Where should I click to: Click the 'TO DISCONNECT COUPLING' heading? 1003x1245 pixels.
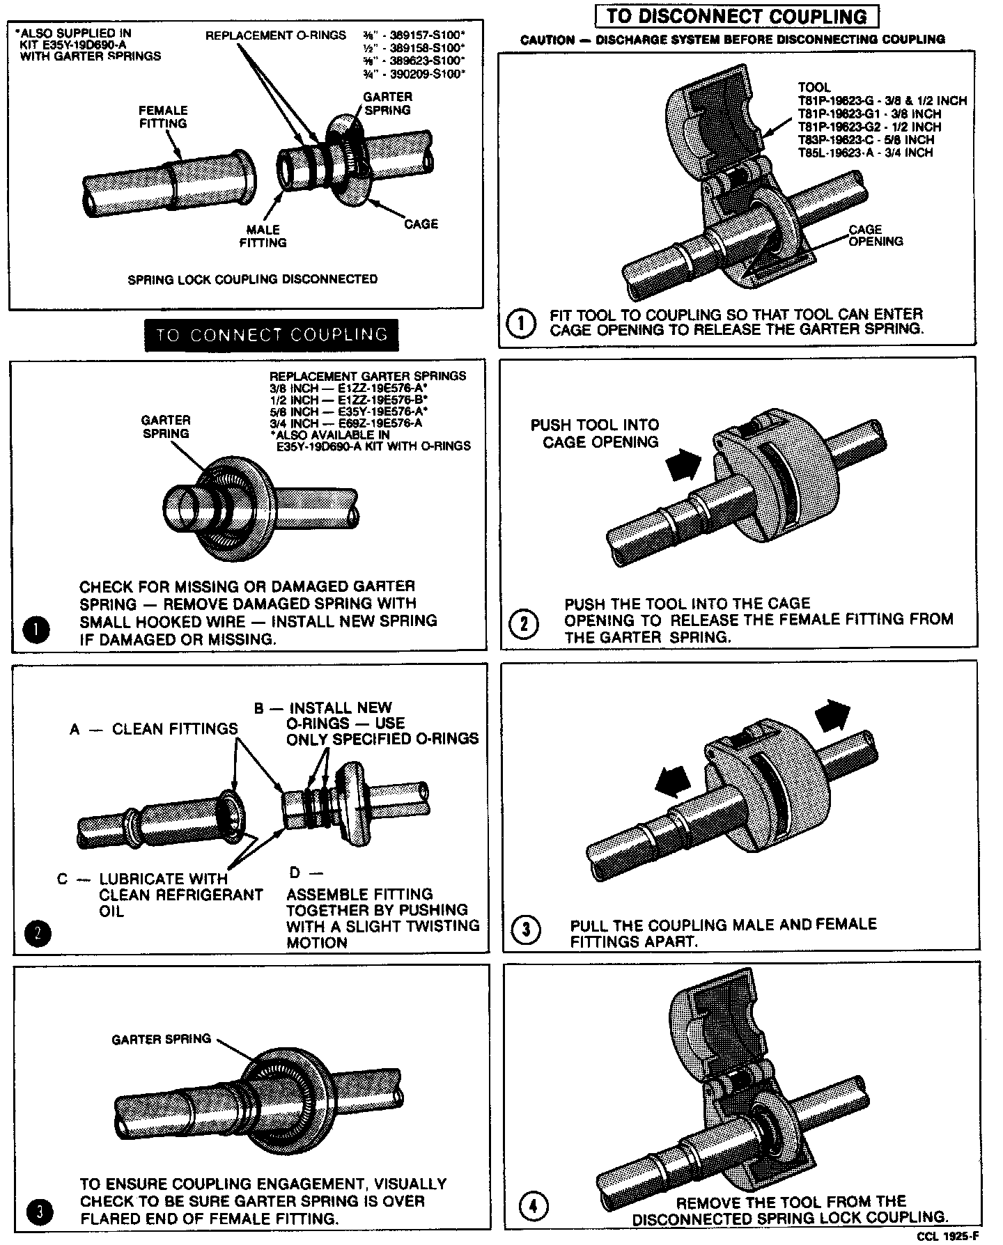coord(737,16)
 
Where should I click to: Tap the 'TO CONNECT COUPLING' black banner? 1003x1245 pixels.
coord(271,335)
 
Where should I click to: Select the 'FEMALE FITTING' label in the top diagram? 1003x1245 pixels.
coord(163,117)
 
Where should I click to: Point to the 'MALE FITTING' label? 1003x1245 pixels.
coord(263,236)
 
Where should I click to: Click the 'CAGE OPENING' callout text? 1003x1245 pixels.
coord(876,235)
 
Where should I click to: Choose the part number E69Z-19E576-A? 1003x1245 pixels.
coord(380,423)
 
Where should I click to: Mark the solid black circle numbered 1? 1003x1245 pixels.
coord(36,630)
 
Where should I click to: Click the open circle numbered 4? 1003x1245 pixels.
coord(534,1206)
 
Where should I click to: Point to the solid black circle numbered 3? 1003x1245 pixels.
coord(40,1212)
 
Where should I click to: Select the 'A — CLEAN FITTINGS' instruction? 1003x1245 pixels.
coord(154,729)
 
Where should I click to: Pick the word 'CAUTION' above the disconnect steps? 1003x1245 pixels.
coord(547,40)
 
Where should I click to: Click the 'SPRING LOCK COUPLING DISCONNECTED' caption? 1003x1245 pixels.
coord(252,279)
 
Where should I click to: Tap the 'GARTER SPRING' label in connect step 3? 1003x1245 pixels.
coord(161,1039)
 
